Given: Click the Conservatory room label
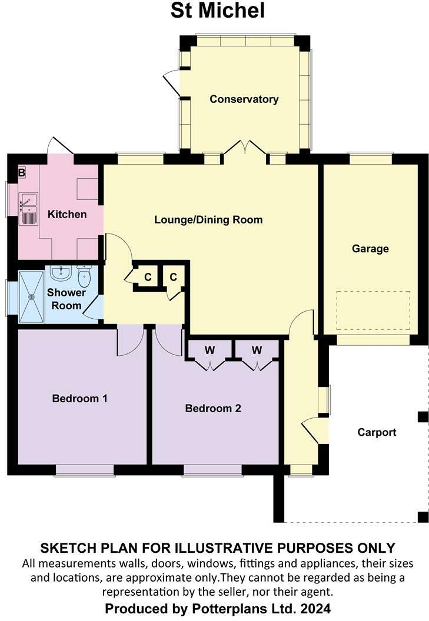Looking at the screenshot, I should tap(244, 99).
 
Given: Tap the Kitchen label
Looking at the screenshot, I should tap(66, 214).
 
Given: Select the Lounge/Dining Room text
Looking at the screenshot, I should tap(208, 220).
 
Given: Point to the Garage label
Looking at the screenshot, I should tap(370, 248).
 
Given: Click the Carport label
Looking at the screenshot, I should tap(377, 432).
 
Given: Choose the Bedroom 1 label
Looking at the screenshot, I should tap(79, 398).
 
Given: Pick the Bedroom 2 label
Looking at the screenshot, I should tap(213, 408).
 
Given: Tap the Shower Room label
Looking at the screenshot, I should tap(66, 299).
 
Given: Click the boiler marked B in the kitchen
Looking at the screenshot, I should tap(22, 173).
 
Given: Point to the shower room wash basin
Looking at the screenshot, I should tap(61, 273).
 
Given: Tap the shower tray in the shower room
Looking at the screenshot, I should tap(31, 296).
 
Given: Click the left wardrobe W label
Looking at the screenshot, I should tap(209, 350).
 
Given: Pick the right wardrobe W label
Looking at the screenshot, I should tap(257, 350).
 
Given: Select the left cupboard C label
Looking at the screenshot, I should tap(148, 276).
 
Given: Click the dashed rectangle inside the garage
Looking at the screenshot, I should tap(373, 311).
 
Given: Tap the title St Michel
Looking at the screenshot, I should tap(218, 11).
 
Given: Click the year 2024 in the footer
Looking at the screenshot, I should tap(318, 607).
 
